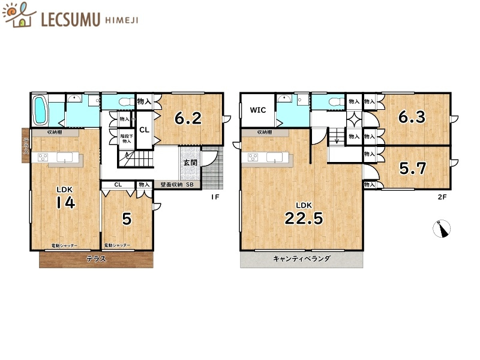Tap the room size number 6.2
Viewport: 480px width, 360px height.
click(187, 119)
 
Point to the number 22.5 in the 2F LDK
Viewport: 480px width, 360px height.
click(304, 218)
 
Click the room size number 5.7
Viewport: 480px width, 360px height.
click(413, 169)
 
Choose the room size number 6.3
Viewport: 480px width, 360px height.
click(412, 117)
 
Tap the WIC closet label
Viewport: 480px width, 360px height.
click(258, 110)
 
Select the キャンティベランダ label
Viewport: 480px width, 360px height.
click(302, 259)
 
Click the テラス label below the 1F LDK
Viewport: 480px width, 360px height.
click(97, 259)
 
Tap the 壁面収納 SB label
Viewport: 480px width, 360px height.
click(176, 185)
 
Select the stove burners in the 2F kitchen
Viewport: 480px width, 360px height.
click(253, 158)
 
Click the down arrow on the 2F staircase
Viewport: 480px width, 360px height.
click(337, 140)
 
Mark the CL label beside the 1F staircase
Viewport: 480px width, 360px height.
click(144, 130)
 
